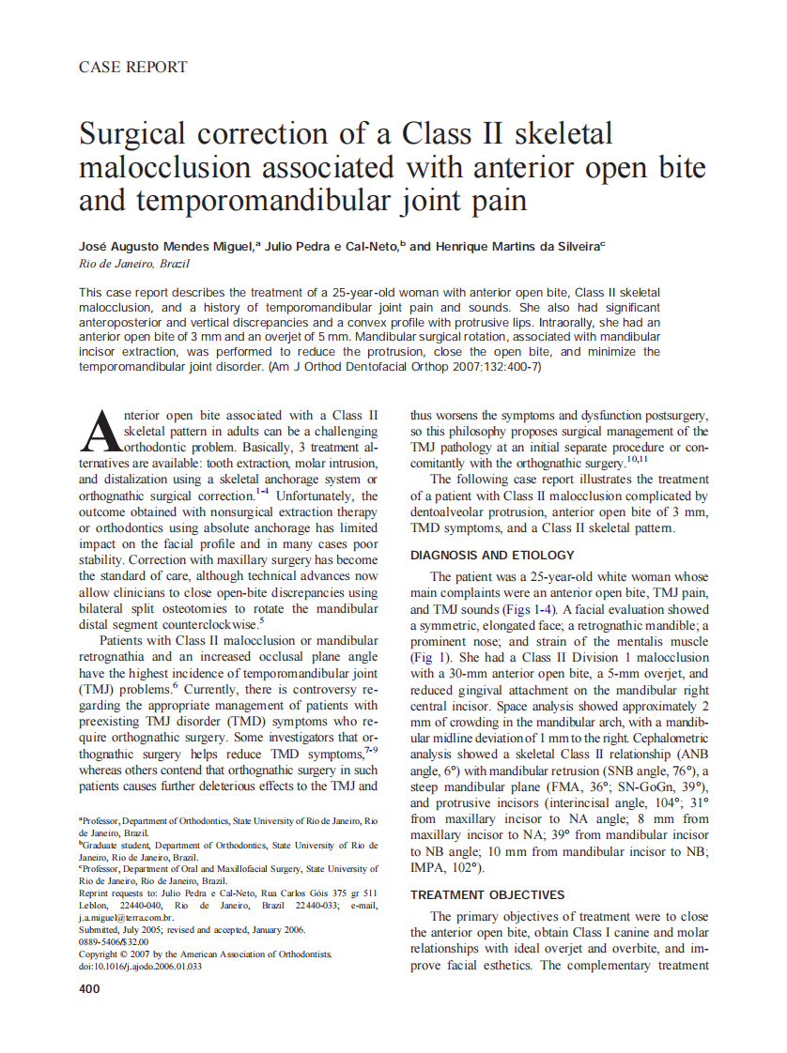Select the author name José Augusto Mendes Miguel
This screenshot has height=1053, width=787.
point(164,247)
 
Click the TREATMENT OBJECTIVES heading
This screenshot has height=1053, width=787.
point(487,894)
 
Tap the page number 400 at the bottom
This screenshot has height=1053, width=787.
point(90,988)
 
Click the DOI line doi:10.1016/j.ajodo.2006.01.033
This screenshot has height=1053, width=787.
point(140,966)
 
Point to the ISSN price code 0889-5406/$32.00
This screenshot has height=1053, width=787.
point(114,941)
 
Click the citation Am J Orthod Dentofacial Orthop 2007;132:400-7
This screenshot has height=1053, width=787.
point(404,367)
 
